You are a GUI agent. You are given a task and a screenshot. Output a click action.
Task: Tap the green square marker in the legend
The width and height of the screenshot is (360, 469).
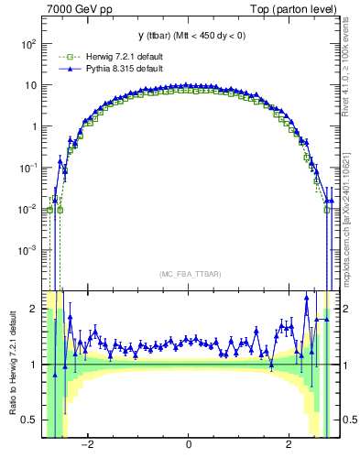(63, 58)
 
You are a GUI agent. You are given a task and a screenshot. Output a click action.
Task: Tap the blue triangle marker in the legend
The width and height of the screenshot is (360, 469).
(63, 69)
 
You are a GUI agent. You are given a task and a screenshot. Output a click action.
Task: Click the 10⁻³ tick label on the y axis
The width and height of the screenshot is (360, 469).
(28, 250)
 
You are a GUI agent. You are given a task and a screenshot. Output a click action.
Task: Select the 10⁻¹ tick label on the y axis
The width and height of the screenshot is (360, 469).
(28, 168)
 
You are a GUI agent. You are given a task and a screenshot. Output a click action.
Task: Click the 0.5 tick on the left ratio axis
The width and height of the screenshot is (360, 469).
(30, 420)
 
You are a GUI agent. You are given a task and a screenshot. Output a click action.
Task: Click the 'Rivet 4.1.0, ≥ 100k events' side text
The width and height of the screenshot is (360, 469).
(352, 69)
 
